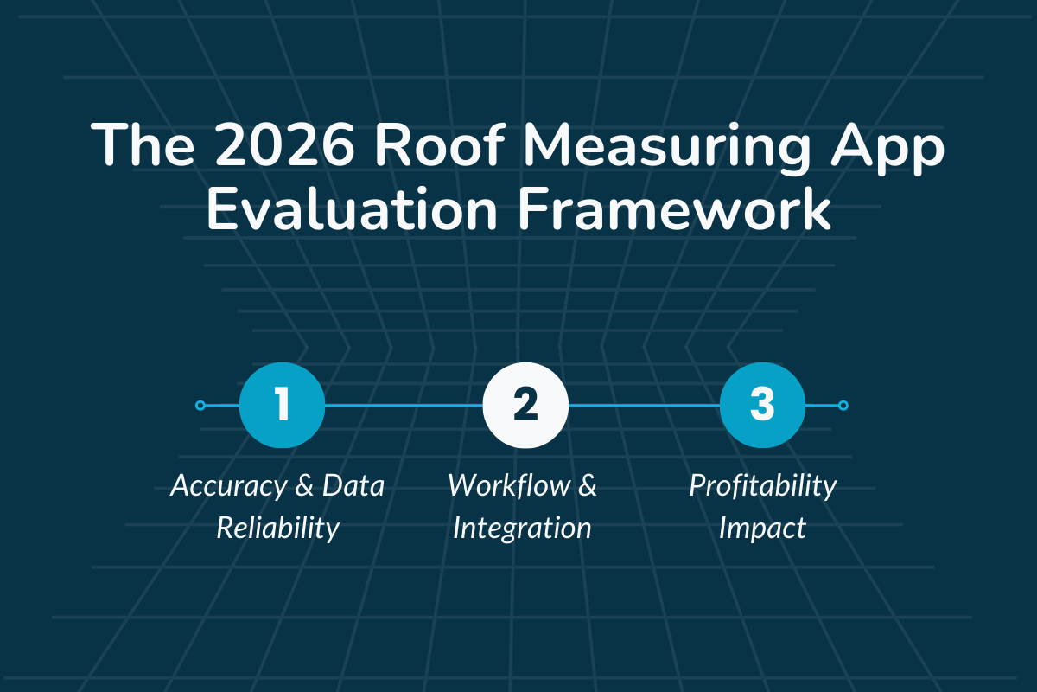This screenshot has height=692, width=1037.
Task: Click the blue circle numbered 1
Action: click(282, 405)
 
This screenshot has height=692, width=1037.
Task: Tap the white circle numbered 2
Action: click(525, 405)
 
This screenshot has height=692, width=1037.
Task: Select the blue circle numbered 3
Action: click(762, 405)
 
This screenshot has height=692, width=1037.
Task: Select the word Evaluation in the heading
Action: click(346, 212)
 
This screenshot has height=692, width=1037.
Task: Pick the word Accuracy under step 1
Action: click(226, 486)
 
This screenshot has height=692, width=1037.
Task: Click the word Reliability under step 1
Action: click(278, 528)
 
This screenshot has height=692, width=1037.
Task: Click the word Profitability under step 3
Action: click(763, 487)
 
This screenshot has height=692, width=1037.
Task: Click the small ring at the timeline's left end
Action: click(200, 405)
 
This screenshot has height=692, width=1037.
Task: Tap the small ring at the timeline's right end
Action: click(843, 405)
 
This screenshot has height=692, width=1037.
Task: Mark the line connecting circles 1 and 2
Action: click(404, 405)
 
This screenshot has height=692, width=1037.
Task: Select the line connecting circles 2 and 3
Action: click(644, 405)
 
